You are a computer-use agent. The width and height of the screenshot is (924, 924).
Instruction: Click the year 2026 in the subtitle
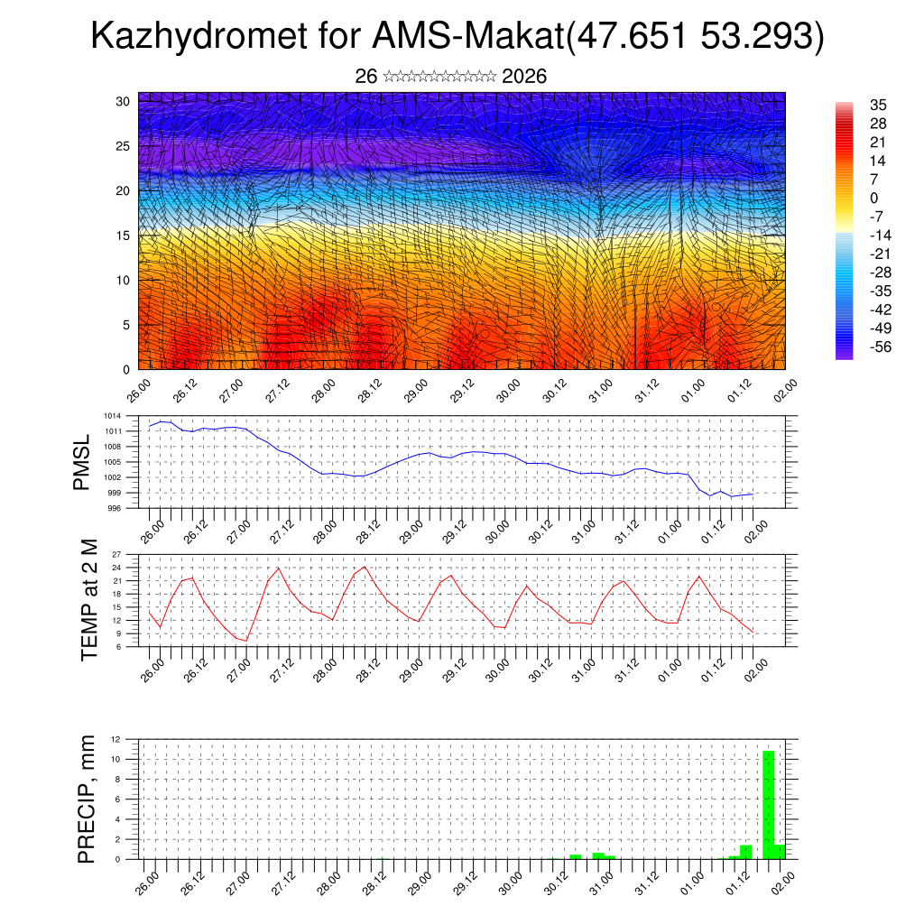(524, 77)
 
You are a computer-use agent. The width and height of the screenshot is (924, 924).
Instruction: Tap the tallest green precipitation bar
(769, 804)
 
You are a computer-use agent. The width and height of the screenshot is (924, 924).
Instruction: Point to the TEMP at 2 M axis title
(88, 600)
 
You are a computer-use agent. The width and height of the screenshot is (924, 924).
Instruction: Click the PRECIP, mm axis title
(87, 799)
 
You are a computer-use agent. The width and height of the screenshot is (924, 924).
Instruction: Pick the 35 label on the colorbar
(879, 105)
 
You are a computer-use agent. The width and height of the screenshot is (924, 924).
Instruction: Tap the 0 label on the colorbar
(873, 198)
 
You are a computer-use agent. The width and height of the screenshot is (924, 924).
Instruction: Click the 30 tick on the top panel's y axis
(124, 101)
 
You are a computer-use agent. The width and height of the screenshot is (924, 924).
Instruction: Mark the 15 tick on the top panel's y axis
(124, 236)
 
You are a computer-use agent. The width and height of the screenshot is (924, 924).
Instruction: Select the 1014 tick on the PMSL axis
(112, 416)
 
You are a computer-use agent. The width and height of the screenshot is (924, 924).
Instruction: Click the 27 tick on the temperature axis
(116, 554)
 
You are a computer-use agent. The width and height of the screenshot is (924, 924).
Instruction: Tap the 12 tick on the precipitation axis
(115, 739)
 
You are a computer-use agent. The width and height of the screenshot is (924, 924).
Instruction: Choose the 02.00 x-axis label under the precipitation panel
(783, 879)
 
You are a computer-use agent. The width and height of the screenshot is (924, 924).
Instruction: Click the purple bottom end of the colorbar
(845, 355)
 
